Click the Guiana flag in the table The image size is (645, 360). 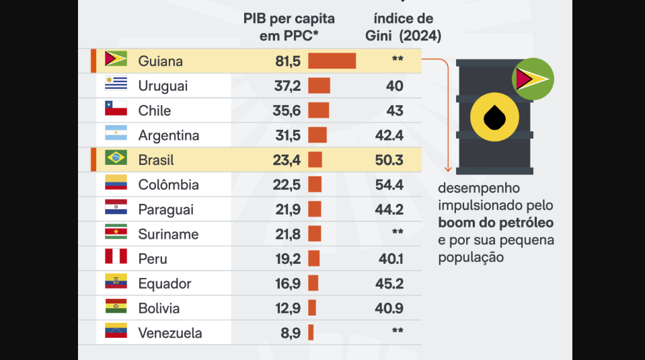pyautogui.click(x=116, y=59)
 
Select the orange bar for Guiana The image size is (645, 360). pyautogui.click(x=332, y=61)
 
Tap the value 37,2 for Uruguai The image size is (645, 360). pyautogui.click(x=288, y=86)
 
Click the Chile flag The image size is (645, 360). pyautogui.click(x=116, y=108)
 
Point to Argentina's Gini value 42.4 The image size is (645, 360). pyautogui.click(x=389, y=135)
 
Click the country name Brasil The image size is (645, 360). pyautogui.click(x=156, y=160)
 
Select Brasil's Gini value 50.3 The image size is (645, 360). pyautogui.click(x=389, y=160)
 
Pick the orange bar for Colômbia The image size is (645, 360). pyautogui.click(x=315, y=184)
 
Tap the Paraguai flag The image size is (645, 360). pyautogui.click(x=116, y=207)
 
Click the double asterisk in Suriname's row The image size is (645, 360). pyautogui.click(x=397, y=231)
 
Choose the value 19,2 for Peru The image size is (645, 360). pyautogui.click(x=288, y=259)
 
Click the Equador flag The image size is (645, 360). pyautogui.click(x=116, y=281)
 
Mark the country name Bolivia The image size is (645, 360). pyautogui.click(x=159, y=308)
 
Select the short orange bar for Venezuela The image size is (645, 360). pyautogui.click(x=311, y=332)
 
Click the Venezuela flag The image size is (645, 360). pyautogui.click(x=116, y=330)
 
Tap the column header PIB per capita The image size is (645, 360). pyautogui.click(x=289, y=19)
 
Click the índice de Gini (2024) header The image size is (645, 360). pyautogui.click(x=403, y=27)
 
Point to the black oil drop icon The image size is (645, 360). pyautogui.click(x=494, y=117)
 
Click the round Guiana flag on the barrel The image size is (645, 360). pyautogui.click(x=533, y=79)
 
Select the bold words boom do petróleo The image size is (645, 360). pyautogui.click(x=496, y=223)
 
